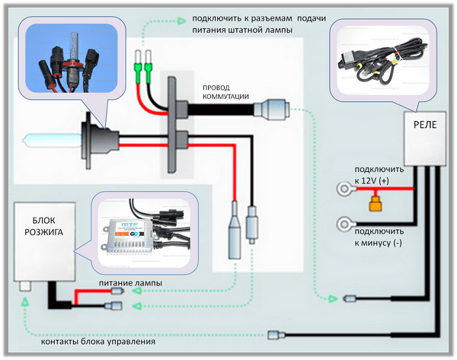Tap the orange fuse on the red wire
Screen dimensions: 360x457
tap(374, 203)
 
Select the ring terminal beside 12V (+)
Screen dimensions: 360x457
tap(344, 187)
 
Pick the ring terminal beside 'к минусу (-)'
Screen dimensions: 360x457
tap(344, 225)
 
